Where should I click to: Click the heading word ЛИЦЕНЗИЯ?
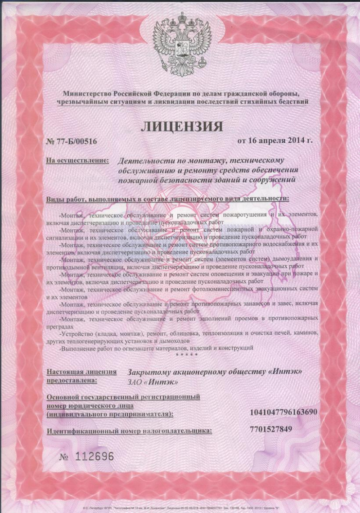182,127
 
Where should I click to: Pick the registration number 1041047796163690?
283,412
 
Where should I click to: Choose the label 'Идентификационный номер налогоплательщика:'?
129,431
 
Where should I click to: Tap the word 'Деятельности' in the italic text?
142,160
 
